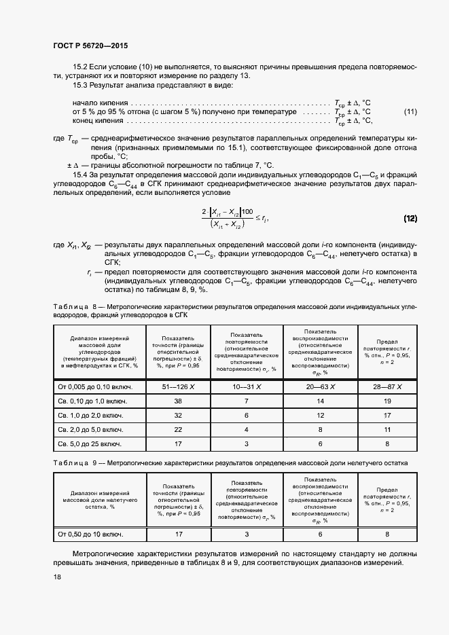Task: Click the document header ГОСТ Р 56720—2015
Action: pyautogui.click(x=90, y=46)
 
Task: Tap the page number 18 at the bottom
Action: pyautogui.click(x=57, y=577)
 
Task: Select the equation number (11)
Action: pyautogui.click(x=410, y=111)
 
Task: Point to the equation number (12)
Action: pyautogui.click(x=410, y=219)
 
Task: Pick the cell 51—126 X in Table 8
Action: pyautogui.click(x=178, y=386)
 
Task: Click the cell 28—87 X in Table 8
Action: pyautogui.click(x=387, y=386)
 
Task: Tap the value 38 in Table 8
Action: pyautogui.click(x=178, y=401)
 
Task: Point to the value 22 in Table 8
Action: pyautogui.click(x=178, y=430)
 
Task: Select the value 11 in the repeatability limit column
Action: pyautogui.click(x=387, y=430)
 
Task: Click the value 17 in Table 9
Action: pyautogui.click(x=178, y=534)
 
